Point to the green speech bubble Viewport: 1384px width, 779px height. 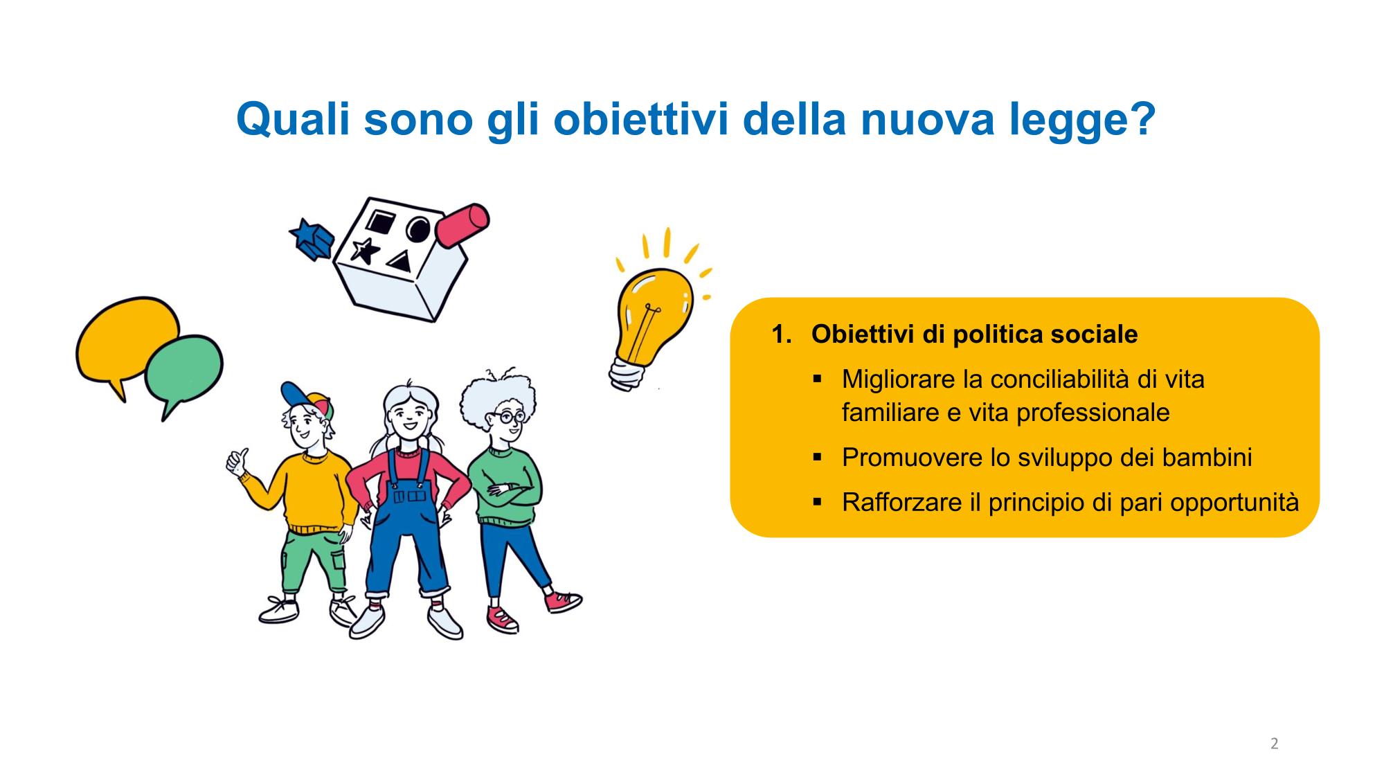[x=183, y=370]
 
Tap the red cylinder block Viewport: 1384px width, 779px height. [x=462, y=225]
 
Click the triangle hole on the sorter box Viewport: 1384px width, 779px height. [x=399, y=262]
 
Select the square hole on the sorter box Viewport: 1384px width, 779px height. [x=380, y=221]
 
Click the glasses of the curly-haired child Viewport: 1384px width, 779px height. [x=507, y=417]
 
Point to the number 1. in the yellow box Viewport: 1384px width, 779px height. [x=782, y=334]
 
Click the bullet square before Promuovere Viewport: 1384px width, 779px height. [x=818, y=458]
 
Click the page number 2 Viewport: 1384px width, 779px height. [x=1274, y=744]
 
